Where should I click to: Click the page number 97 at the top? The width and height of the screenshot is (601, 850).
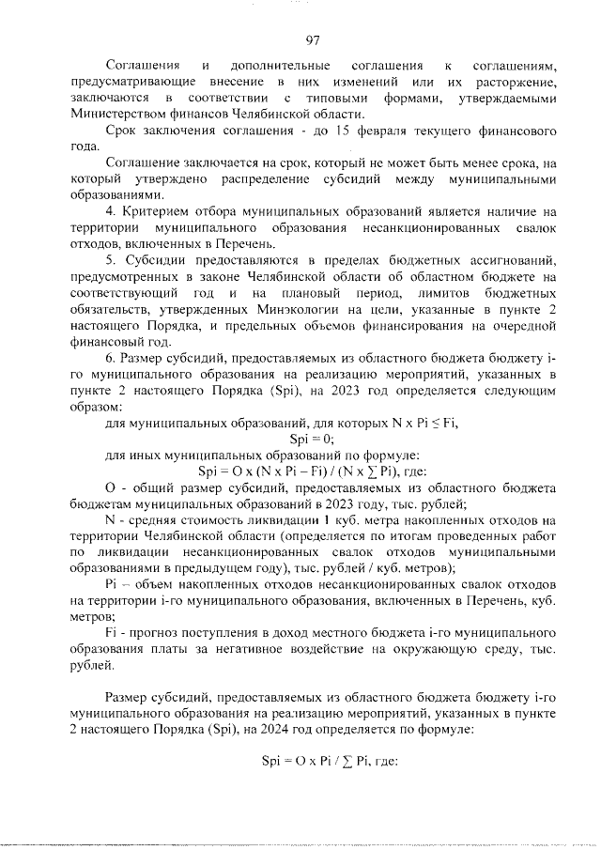314,39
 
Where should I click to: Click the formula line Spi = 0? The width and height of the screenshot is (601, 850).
312,438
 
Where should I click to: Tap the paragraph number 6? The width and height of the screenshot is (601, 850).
109,358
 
